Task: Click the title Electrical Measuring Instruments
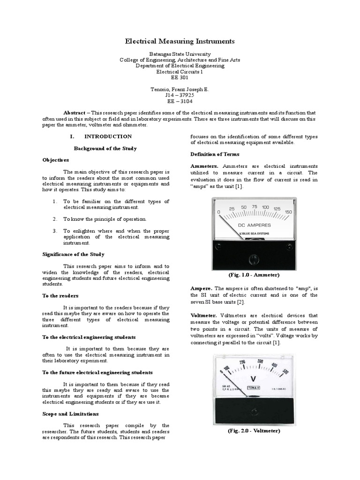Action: point(180,41)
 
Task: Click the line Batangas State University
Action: point(180,54)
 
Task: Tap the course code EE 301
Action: point(180,78)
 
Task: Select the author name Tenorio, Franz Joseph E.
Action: point(180,89)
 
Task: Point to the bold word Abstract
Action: point(74,113)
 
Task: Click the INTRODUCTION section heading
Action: point(108,136)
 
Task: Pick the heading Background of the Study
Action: point(105,148)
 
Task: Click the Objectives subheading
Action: point(56,160)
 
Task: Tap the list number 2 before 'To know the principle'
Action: point(54,219)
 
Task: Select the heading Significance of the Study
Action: point(73,254)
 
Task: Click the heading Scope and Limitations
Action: point(70,414)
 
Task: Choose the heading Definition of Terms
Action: point(215,154)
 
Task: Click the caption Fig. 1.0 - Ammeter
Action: point(254,275)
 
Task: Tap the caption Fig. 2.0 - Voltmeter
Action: point(254,431)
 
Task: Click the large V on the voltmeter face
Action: point(254,378)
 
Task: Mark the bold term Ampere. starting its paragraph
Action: point(202,287)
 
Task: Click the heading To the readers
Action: point(60,296)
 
